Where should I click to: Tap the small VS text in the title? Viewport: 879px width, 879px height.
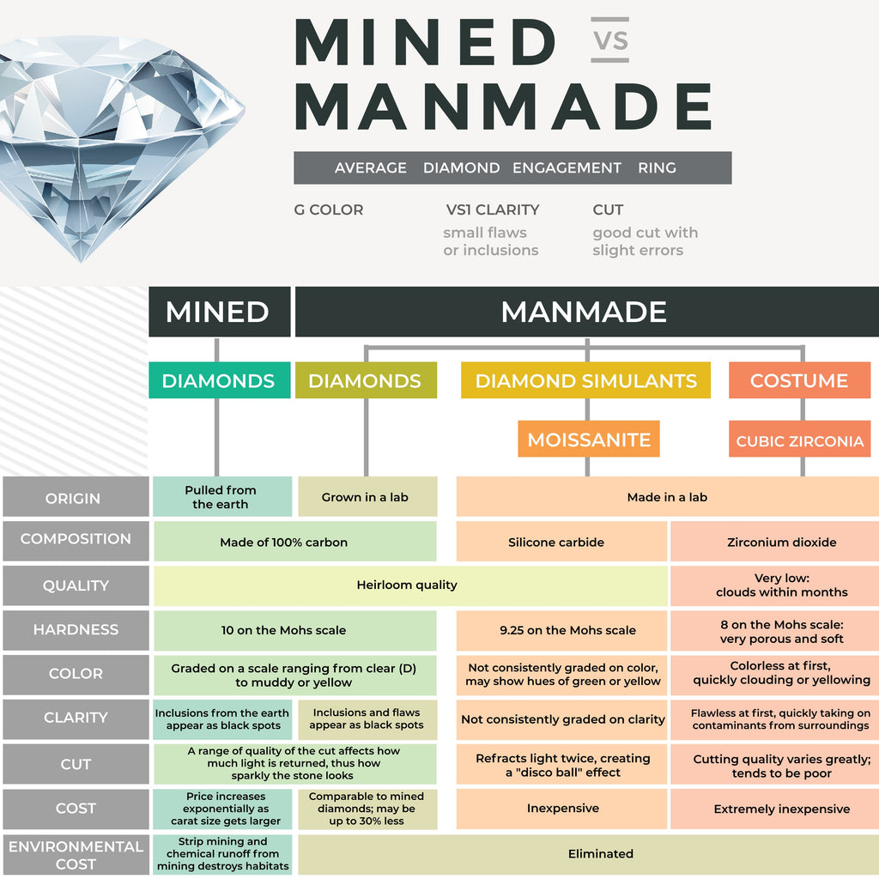coord(610,40)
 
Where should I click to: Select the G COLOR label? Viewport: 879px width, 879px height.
coord(328,209)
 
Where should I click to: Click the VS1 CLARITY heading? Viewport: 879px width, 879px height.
coord(492,209)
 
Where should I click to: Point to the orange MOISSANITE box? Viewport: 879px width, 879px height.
coord(589,439)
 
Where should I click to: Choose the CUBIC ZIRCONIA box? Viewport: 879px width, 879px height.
coord(799,441)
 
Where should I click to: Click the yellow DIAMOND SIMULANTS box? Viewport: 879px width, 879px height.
coord(585,380)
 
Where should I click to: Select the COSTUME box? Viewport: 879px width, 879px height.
coord(798,380)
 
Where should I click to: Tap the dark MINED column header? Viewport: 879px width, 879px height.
coord(217,312)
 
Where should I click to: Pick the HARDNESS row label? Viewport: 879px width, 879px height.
coord(76,630)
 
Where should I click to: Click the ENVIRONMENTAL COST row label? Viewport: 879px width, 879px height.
coord(76,854)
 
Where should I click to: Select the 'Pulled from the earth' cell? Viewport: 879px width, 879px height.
coord(221,497)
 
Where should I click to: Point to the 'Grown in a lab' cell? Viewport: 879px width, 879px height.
coord(366,497)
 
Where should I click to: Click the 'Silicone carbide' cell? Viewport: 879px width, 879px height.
coord(556,543)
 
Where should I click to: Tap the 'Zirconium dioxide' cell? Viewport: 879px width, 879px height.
coord(781,543)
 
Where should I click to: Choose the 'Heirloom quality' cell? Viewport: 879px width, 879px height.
coord(407,585)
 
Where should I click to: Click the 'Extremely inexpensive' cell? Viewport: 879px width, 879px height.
coord(781,809)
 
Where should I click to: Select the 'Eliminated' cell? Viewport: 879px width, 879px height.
coord(600,853)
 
